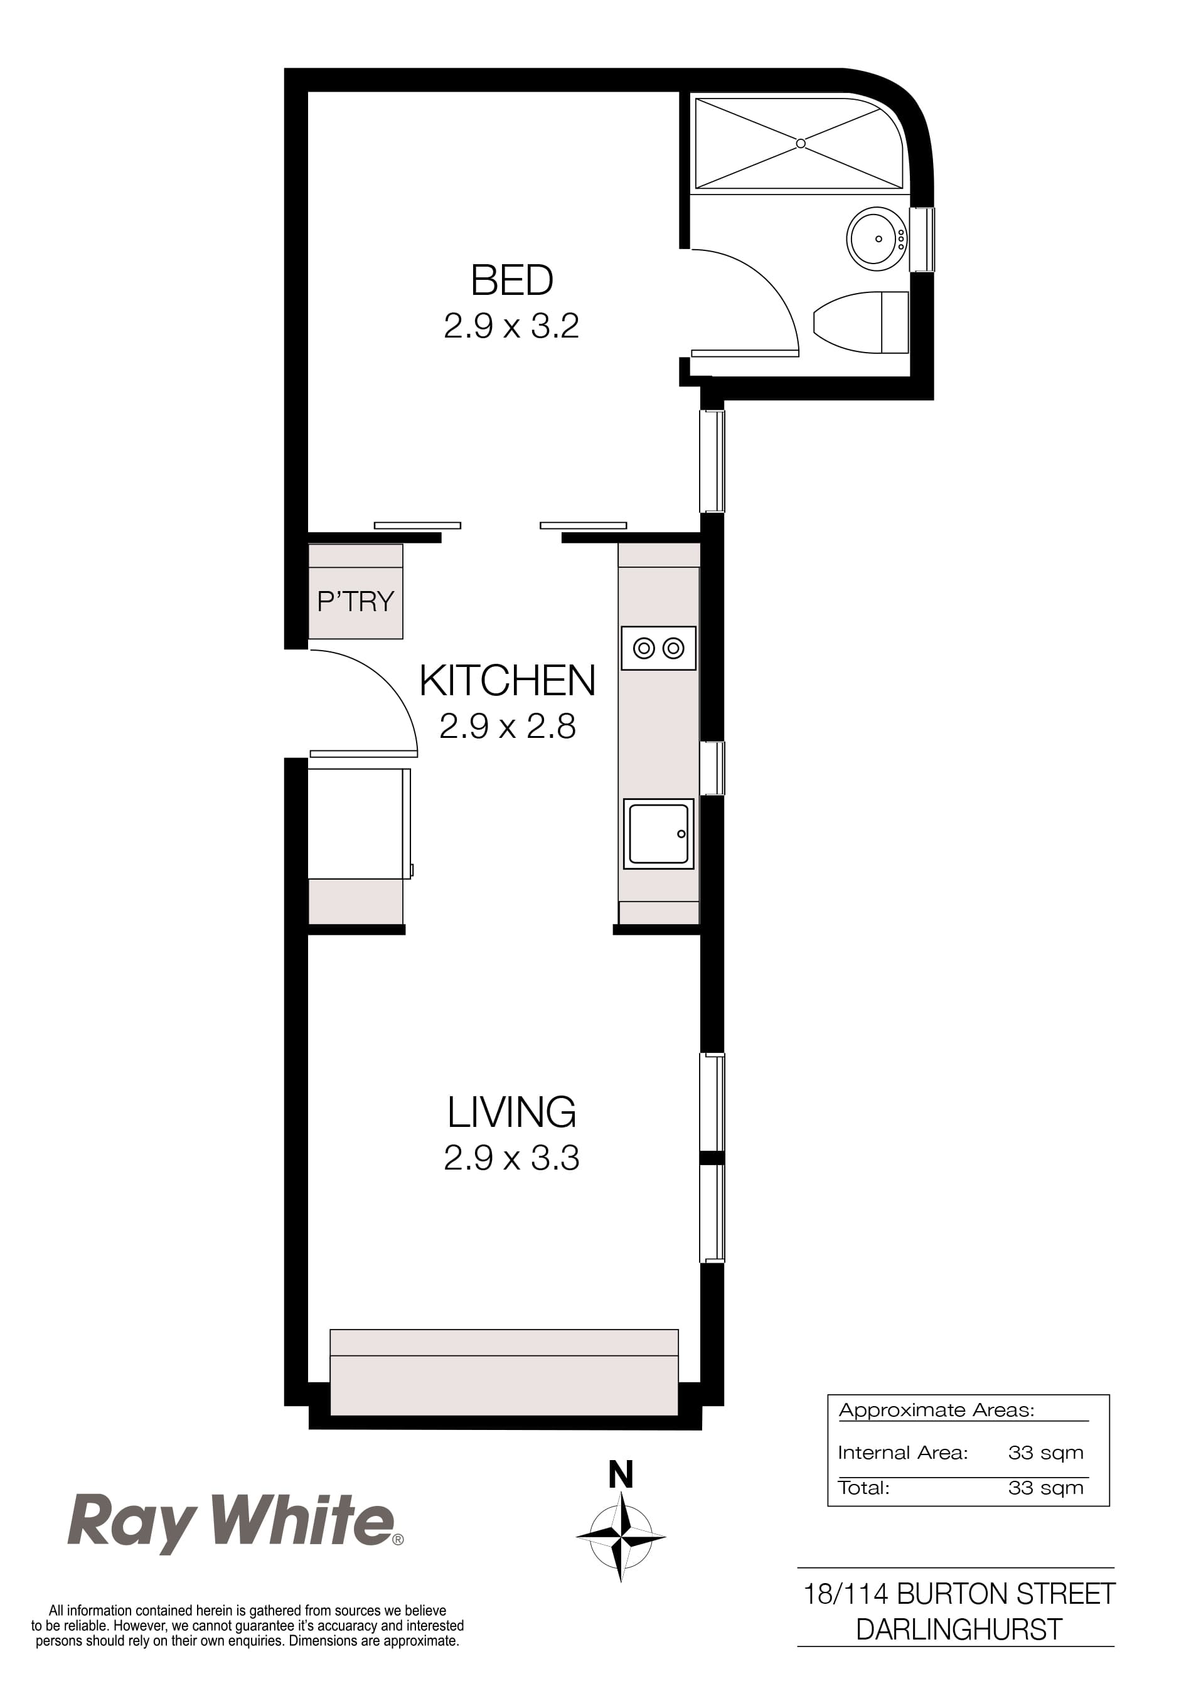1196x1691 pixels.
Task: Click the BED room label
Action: [x=512, y=280]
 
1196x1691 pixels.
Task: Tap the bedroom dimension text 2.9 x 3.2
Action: [x=511, y=326]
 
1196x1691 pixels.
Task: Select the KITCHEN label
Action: [x=508, y=681]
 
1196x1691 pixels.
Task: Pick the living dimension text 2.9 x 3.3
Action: [x=511, y=1158]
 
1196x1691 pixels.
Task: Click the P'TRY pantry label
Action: [x=356, y=602]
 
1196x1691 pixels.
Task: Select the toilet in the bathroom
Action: [x=862, y=323]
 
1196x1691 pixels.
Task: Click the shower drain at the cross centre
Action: [x=801, y=144]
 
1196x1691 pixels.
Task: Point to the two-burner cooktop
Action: [x=658, y=648]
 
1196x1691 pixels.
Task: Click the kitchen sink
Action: [x=658, y=834]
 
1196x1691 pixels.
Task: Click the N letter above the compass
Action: [x=621, y=1475]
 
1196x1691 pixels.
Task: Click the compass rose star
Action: [x=621, y=1537]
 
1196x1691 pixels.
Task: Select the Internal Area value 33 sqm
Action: [x=1045, y=1453]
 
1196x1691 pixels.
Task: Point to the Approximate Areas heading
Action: [x=936, y=1410]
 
